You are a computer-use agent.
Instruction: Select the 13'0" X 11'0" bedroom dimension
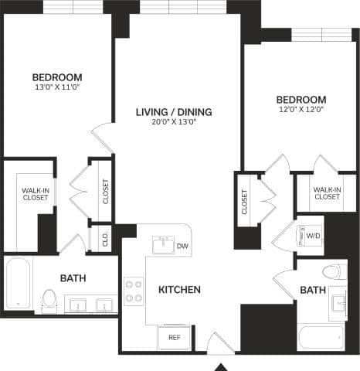[x=57, y=88]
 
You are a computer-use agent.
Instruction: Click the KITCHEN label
[x=179, y=290]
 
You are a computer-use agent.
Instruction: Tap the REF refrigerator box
[x=174, y=337]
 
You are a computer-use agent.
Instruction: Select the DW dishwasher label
[x=182, y=247]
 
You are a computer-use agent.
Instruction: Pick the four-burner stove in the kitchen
[x=134, y=291]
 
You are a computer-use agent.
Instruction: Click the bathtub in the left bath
[x=17, y=284]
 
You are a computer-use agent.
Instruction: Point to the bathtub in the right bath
[x=320, y=337]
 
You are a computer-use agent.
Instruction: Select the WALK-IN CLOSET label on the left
[x=35, y=194]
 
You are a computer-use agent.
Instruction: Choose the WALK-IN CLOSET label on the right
[x=326, y=192]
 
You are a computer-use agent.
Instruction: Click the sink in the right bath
[x=339, y=302]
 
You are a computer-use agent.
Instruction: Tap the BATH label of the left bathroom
[x=73, y=278]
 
